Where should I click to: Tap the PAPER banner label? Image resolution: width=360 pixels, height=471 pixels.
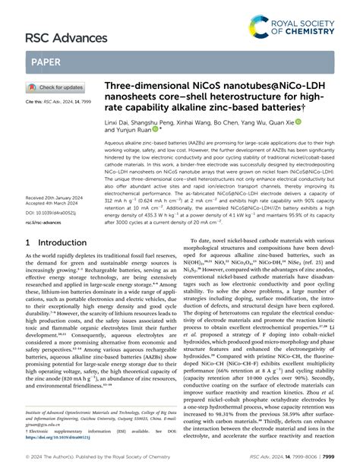(46, 62)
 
